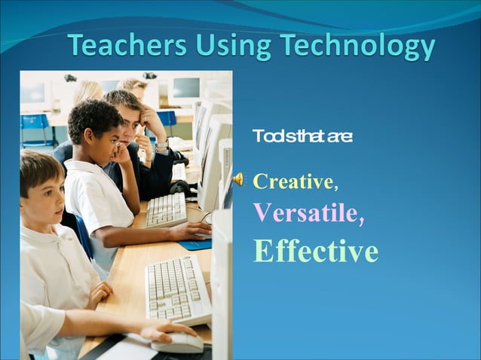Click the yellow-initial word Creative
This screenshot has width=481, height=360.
click(x=293, y=182)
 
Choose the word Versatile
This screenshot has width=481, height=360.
click(x=305, y=213)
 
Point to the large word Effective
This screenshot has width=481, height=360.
click(x=316, y=251)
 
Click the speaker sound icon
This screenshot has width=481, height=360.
click(x=237, y=179)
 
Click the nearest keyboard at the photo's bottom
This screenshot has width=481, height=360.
click(x=178, y=289)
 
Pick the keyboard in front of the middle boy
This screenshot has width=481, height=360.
click(x=167, y=210)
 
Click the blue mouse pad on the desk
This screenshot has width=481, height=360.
click(x=195, y=244)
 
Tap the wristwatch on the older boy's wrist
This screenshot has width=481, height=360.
click(x=161, y=145)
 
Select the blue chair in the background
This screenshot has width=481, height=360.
click(x=35, y=125)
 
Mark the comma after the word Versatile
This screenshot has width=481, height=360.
click(x=361, y=220)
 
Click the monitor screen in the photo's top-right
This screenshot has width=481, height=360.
click(x=186, y=89)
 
